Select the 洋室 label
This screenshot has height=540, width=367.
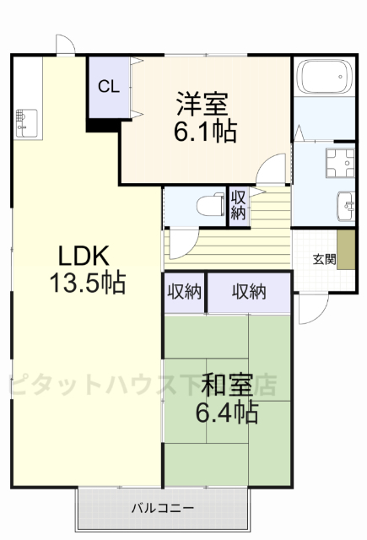(x=202, y=105)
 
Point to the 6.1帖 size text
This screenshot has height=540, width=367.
(x=205, y=131)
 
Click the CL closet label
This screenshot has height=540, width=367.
(x=107, y=86)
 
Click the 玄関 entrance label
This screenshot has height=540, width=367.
(x=323, y=259)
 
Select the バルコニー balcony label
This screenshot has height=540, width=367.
(x=163, y=509)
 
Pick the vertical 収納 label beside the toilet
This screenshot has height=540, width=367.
(x=239, y=205)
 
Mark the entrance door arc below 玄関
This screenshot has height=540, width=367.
(x=310, y=309)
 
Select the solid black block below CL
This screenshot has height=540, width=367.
(x=101, y=125)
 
